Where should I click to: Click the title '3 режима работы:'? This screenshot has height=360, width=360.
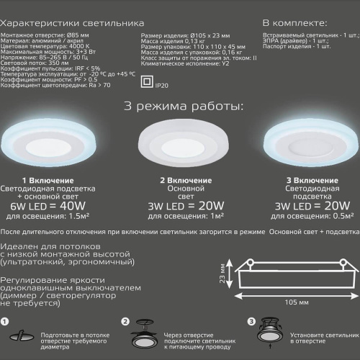coord(184,106)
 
